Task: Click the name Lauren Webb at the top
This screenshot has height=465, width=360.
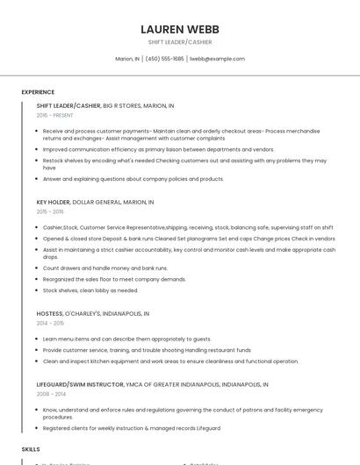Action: pyautogui.click(x=180, y=29)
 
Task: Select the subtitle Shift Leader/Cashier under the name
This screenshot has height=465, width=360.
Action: pyautogui.click(x=180, y=42)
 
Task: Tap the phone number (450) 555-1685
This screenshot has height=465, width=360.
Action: pyautogui.click(x=164, y=59)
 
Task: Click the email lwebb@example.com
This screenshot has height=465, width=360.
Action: pyautogui.click(x=217, y=59)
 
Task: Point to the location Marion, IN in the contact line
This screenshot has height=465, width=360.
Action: pyautogui.click(x=127, y=59)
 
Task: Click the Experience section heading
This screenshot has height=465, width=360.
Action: pyautogui.click(x=38, y=92)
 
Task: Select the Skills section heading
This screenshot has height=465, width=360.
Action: pyautogui.click(x=31, y=448)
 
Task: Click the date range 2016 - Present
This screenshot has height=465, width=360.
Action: pyautogui.click(x=54, y=115)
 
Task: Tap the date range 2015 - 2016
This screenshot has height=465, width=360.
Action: pyautogui.click(x=50, y=211)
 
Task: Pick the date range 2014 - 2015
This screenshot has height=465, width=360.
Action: pyautogui.click(x=50, y=323)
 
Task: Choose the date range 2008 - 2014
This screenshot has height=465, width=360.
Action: pyautogui.click(x=50, y=394)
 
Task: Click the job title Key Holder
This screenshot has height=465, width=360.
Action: pyautogui.click(x=53, y=202)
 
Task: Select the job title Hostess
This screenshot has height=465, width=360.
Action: pyautogui.click(x=49, y=313)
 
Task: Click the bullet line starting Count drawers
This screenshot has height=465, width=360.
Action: pyautogui.click(x=105, y=268)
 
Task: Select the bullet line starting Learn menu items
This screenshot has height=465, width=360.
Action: pyautogui.click(x=126, y=339)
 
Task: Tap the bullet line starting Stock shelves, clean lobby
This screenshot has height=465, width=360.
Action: pyautogui.click(x=90, y=290)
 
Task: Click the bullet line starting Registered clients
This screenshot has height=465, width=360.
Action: pyautogui.click(x=132, y=428)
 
